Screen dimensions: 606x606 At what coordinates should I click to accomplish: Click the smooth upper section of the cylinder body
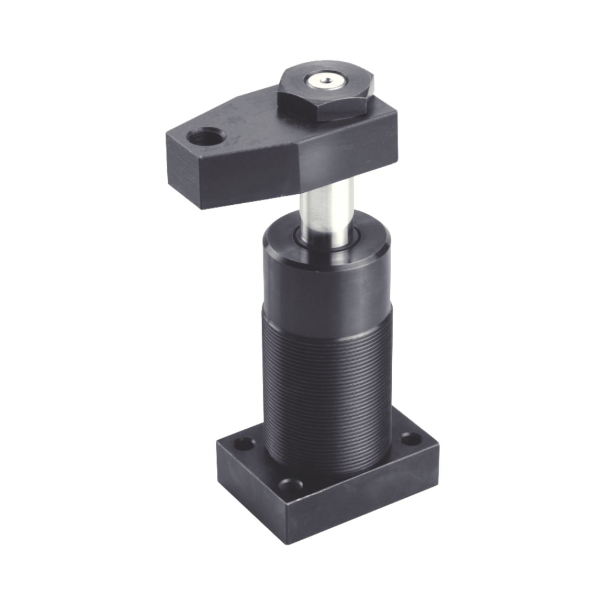point(327,282)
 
